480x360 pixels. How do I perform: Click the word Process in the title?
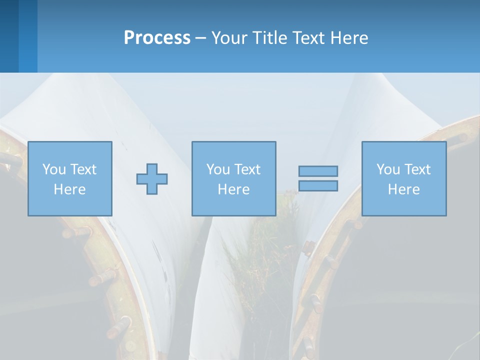[157, 38]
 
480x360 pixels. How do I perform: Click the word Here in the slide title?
[350, 38]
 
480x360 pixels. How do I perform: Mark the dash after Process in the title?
[201, 38]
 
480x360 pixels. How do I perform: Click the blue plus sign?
[152, 179]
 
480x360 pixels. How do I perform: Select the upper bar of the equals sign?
[318, 171]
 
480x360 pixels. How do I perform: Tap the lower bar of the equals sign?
[318, 185]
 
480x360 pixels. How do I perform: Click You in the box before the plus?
[53, 169]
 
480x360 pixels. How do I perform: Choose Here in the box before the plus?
[69, 189]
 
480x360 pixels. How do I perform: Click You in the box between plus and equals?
[218, 169]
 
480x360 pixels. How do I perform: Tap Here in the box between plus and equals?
[233, 189]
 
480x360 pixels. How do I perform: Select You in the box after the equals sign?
[388, 169]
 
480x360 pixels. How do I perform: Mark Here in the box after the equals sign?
[403, 189]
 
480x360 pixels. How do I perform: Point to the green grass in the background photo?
[260, 250]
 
